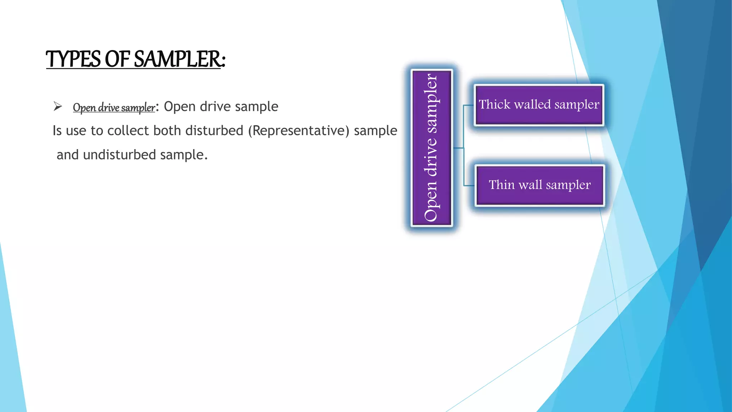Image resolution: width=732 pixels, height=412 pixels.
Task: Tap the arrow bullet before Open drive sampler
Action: click(58, 106)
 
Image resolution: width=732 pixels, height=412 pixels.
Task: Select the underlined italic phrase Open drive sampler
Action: click(114, 107)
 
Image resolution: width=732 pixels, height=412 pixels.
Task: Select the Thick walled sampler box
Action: click(539, 105)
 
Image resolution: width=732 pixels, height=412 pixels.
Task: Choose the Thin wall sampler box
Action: click(540, 185)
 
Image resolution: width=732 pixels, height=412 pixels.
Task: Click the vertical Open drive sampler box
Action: click(432, 148)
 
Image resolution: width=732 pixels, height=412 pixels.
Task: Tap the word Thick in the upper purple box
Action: click(494, 104)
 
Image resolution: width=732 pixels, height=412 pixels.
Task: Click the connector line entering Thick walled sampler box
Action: click(469, 106)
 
